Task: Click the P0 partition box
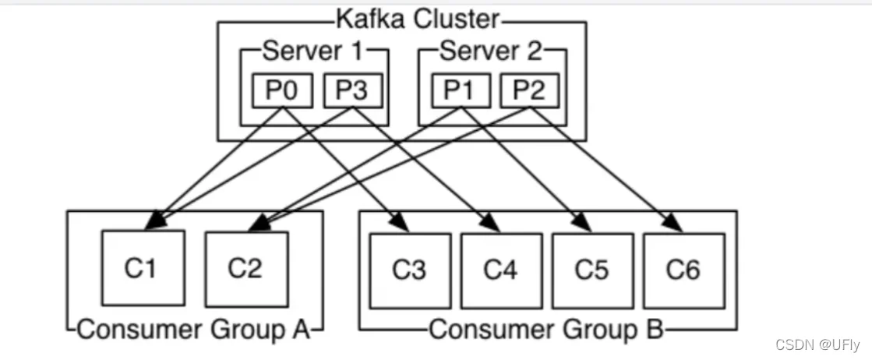[x=281, y=90]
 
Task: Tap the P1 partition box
[x=460, y=90]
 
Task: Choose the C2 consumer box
[x=245, y=267]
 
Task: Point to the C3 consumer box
[x=409, y=270]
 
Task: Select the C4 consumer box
[x=500, y=270]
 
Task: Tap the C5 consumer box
[x=592, y=270]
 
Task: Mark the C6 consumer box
[x=683, y=270]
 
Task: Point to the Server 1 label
[x=312, y=51]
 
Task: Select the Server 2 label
[x=490, y=51]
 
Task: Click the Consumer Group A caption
[x=194, y=329]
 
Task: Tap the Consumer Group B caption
[x=545, y=329]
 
